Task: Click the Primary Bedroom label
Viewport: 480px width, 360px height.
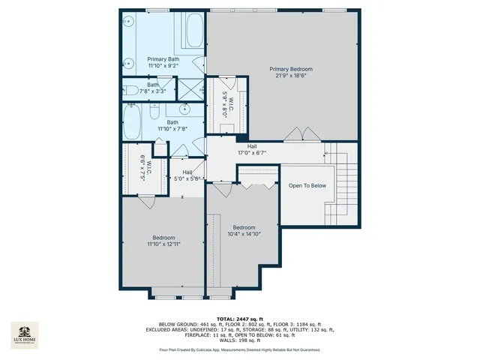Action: click(x=291, y=69)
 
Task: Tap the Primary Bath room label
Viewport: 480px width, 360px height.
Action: click(x=163, y=59)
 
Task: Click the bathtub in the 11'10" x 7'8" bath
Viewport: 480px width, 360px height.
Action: click(x=137, y=122)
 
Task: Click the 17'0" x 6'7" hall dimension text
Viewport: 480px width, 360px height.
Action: click(x=252, y=152)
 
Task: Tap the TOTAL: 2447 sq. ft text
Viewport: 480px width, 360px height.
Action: click(x=239, y=319)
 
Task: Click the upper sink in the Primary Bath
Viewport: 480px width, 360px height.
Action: click(x=129, y=22)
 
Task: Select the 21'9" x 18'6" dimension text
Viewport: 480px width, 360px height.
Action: click(x=291, y=76)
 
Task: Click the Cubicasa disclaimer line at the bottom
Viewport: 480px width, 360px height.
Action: click(x=239, y=349)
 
